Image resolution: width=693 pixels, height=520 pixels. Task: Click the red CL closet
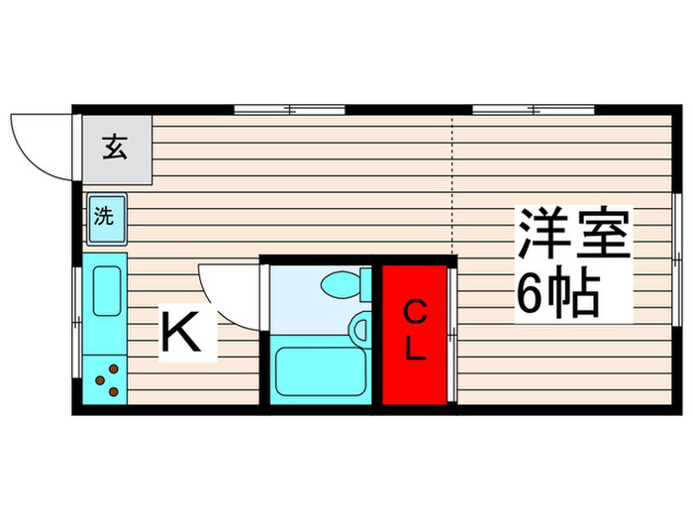(415, 335)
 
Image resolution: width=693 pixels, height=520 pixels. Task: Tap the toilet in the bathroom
(340, 284)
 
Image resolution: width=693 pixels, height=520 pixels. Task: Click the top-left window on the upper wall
(289, 106)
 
